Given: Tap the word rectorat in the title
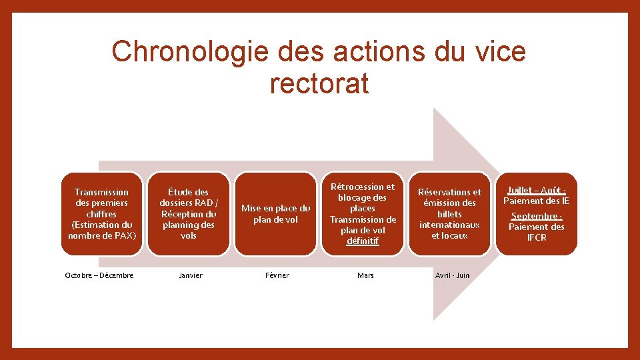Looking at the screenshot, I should coord(319,83).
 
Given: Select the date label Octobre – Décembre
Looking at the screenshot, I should coord(99,275).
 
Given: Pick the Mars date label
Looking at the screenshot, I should coord(365,275).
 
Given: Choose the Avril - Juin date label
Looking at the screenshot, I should coord(453,275).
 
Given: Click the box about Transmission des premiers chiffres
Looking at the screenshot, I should coord(102,213).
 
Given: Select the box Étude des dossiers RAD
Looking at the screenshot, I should coord(189,213).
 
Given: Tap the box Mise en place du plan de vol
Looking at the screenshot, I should coord(275,213).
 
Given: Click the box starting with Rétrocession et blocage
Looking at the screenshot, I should coord(363,213).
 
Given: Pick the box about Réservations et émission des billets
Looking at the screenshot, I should coord(449,213).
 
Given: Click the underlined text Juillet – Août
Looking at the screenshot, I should coord(537,190).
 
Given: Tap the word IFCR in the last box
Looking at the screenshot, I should coord(537,237).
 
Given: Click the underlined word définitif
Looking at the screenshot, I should coord(363,241).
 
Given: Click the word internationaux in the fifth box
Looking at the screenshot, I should coord(449,225).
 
